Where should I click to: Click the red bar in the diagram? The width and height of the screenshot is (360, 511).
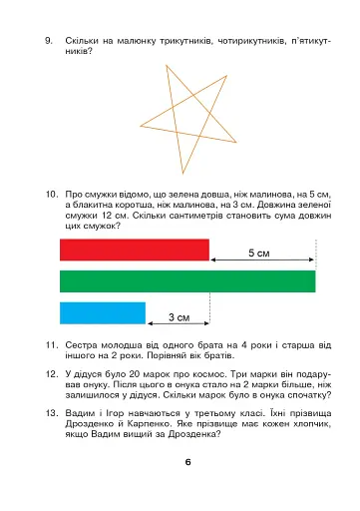(135, 250)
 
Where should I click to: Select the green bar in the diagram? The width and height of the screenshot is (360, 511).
(187, 280)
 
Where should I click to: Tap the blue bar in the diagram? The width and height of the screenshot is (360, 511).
(89, 312)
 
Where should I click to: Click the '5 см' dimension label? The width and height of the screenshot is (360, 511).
(257, 254)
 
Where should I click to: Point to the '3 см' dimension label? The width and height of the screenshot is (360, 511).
(179, 317)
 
